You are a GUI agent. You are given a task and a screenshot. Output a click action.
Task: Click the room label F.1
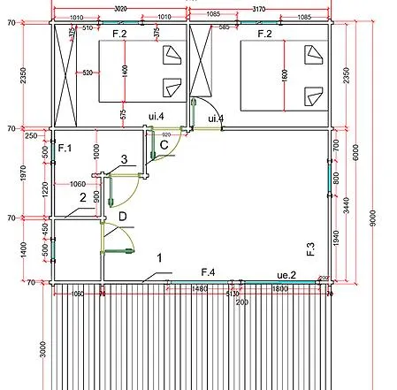65,148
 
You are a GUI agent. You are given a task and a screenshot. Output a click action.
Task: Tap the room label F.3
310,249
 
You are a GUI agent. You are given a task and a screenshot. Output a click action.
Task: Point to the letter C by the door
164,146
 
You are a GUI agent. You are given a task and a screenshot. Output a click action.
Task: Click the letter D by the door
123,217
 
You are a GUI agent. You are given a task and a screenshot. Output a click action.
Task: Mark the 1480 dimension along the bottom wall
199,288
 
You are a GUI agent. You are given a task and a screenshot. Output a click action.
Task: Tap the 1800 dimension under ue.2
280,288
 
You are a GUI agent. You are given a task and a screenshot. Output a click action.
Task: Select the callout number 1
159,258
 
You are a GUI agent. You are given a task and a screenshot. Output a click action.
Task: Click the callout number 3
124,159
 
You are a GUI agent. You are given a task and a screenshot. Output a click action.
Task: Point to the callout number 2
82,198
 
